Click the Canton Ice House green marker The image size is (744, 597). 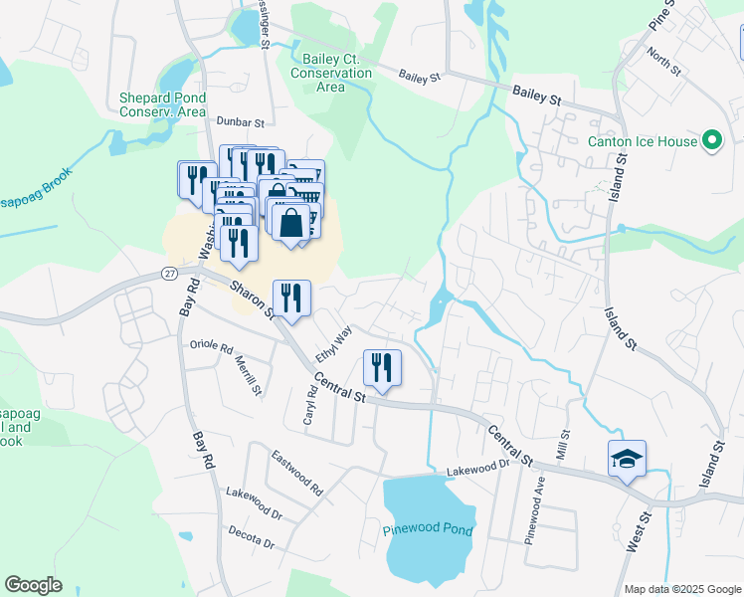(712, 141)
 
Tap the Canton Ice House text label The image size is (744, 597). (643, 141)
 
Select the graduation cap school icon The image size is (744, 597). (627, 459)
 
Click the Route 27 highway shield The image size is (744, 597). (170, 274)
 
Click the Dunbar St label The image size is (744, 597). (241, 123)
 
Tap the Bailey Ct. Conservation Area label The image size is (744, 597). (331, 73)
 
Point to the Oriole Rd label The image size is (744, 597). (210, 347)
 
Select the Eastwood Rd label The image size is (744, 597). (297, 473)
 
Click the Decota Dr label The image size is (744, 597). (250, 537)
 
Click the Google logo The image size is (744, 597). (34, 585)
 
